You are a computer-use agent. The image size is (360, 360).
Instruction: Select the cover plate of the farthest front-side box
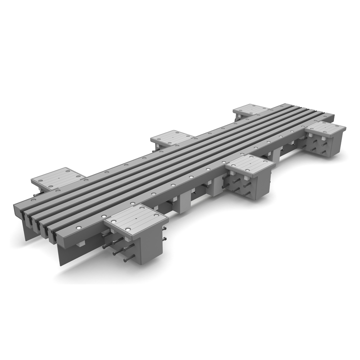(325, 128)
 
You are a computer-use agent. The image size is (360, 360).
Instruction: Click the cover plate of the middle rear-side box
(172, 138)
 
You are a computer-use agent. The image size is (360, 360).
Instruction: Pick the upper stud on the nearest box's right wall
(165, 229)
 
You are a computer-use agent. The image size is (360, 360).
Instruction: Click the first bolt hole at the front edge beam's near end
(78, 228)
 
